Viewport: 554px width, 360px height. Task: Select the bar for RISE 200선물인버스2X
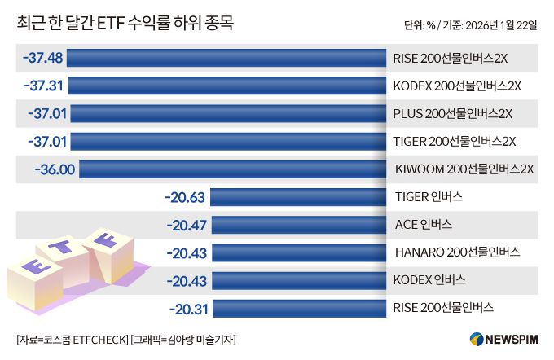tap(226, 58)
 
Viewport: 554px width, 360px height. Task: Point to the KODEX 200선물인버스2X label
tap(456, 86)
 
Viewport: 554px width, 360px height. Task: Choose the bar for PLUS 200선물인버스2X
tap(227, 113)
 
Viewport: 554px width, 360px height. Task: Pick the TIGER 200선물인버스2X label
tap(455, 141)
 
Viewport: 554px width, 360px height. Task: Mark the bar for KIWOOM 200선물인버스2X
tap(232, 169)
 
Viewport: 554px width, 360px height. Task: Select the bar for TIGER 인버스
tap(298, 197)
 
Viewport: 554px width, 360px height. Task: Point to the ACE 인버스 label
tap(423, 225)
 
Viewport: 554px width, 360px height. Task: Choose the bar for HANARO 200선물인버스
tap(298, 252)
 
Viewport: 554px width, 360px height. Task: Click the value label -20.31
tap(189, 308)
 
